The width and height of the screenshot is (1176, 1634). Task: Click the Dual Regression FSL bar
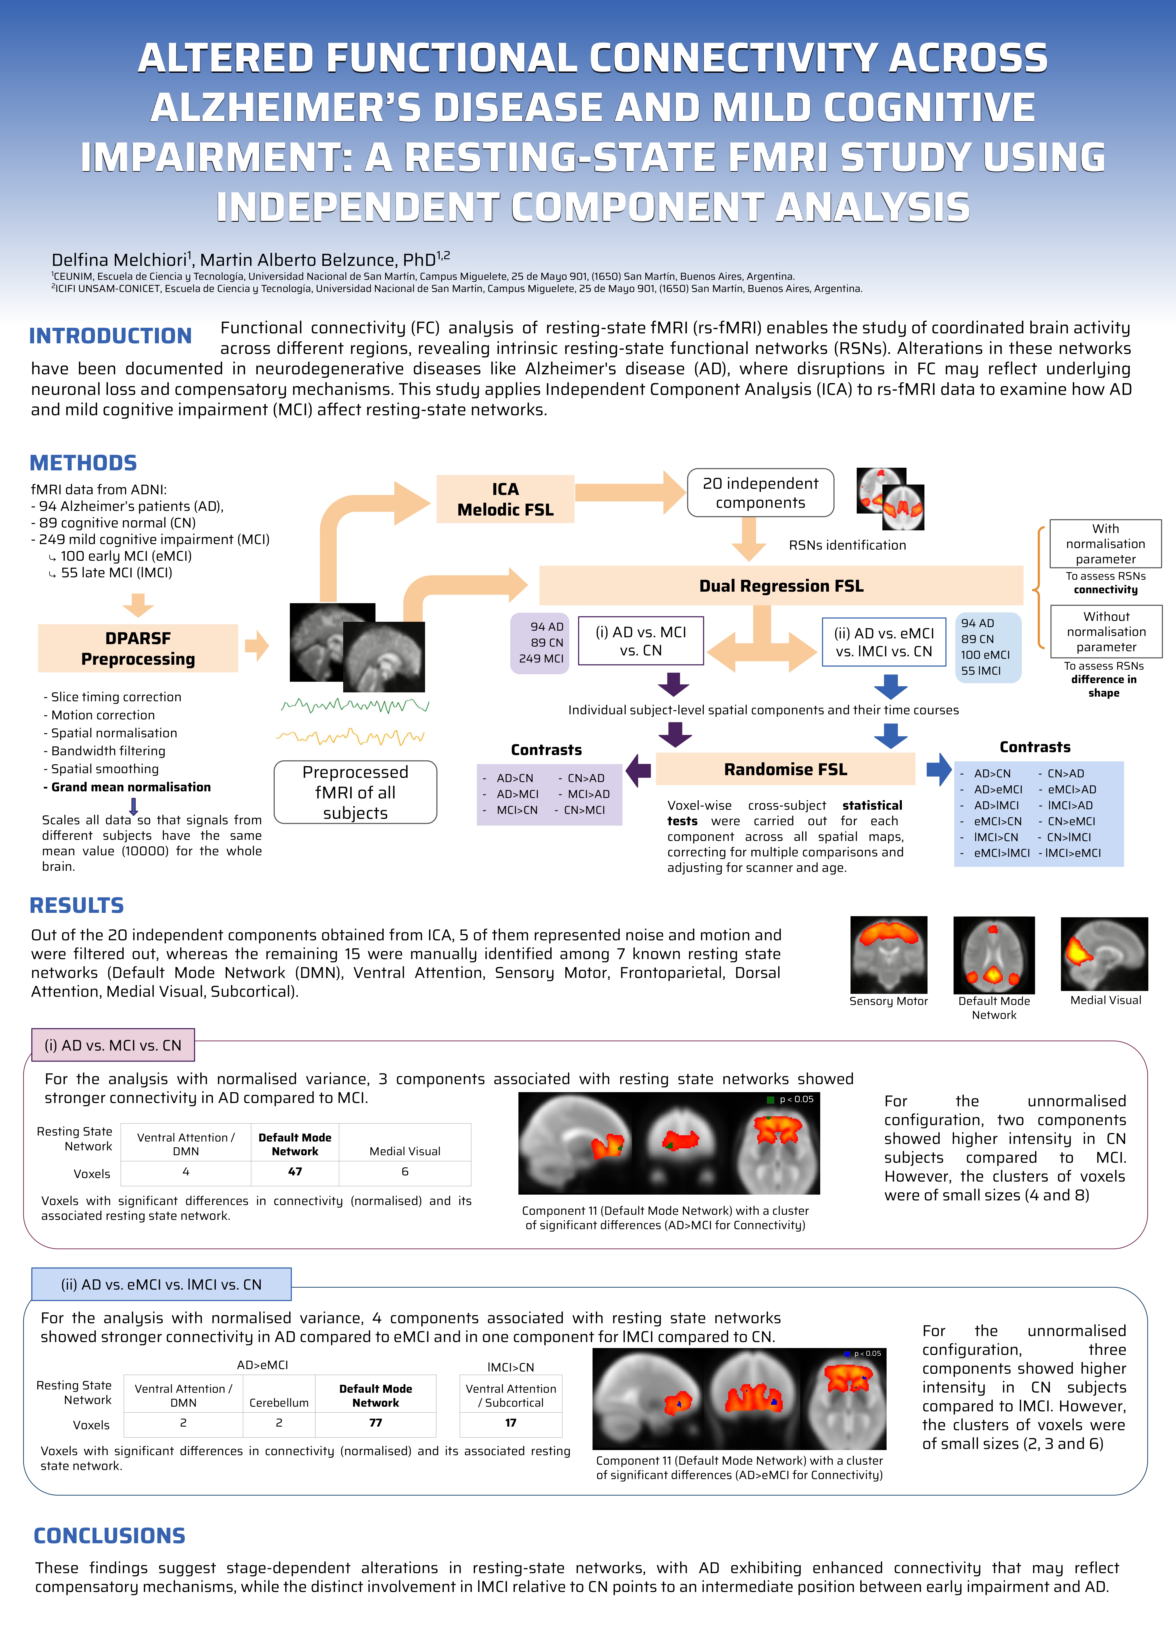coord(781,586)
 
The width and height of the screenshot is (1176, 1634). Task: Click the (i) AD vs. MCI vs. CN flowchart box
coord(640,641)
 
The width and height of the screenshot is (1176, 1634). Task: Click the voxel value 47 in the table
coord(294,1171)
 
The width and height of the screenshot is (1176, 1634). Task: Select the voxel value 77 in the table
coord(375,1423)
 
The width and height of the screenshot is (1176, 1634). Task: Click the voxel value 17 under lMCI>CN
coord(511,1423)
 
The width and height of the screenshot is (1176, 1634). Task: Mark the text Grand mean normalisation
coord(131,788)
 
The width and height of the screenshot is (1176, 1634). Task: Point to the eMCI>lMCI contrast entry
coord(1002,853)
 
